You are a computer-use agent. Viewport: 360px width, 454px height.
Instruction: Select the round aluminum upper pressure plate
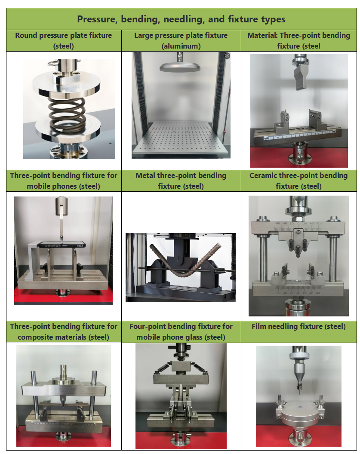click(180, 68)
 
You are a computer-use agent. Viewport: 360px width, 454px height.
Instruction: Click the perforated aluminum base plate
click(181, 138)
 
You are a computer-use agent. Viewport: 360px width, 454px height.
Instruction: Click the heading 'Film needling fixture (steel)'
click(298, 327)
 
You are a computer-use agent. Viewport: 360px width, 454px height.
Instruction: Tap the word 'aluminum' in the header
click(181, 46)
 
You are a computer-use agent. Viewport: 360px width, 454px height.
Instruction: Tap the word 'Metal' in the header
click(145, 175)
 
